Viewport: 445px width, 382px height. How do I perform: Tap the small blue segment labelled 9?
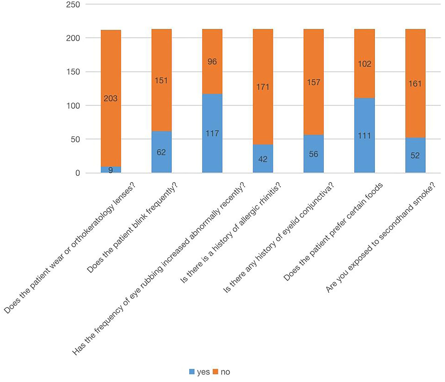[111, 170]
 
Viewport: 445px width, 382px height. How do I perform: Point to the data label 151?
[161, 81]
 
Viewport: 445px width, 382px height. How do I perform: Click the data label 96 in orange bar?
[212, 62]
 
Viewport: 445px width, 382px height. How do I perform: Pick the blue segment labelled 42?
[263, 159]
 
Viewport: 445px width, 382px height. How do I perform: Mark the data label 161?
[415, 84]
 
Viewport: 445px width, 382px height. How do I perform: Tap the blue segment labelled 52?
[415, 155]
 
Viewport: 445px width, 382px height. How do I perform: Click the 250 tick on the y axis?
[73, 5]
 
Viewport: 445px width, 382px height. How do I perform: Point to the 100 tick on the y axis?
[73, 106]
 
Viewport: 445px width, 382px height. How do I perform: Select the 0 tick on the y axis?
[78, 173]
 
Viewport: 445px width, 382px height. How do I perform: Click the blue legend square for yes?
[192, 372]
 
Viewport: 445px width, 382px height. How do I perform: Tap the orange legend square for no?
[215, 372]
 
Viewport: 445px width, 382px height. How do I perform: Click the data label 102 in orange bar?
[364, 64]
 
